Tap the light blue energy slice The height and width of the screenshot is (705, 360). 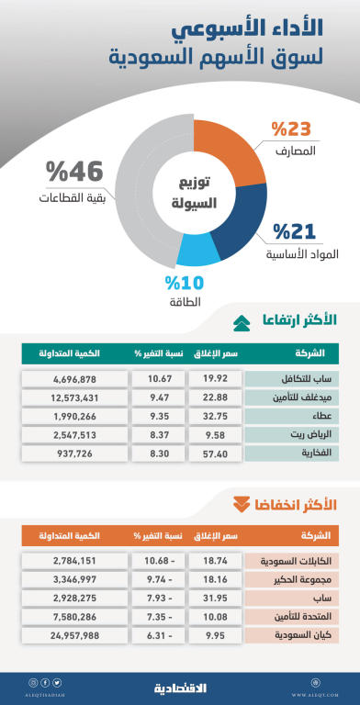196,250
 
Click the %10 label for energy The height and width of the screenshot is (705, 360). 184,283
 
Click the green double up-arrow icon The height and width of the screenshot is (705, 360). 241,321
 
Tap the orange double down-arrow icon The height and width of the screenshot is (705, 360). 241,503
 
